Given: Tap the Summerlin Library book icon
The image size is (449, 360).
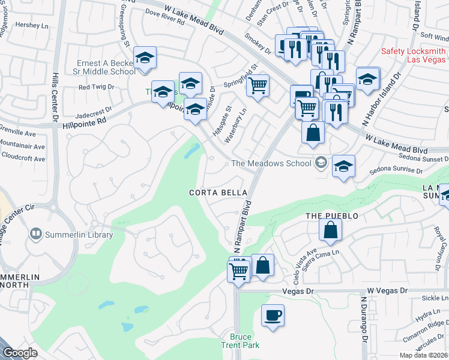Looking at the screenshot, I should tap(35, 233).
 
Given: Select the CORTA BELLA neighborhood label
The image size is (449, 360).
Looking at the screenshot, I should tap(218, 193).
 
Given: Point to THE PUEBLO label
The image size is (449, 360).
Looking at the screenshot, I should tap(331, 216).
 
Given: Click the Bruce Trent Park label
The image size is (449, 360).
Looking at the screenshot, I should tap(244, 341).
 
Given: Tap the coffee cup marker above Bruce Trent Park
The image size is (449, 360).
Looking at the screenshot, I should tap(273, 316).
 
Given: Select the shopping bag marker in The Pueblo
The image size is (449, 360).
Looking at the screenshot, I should tap(330, 230).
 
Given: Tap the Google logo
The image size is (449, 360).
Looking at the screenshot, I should tap(20, 353).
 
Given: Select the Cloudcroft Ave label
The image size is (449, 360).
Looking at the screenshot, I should tap(23, 159).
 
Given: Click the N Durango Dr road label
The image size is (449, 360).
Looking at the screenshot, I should tap(364, 318).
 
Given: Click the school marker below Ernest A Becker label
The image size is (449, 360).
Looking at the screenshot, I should tap(144, 58).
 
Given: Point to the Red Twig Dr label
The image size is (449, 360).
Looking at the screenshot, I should tap(96, 87).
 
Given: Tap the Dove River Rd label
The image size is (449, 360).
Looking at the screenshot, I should tap(164, 20).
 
